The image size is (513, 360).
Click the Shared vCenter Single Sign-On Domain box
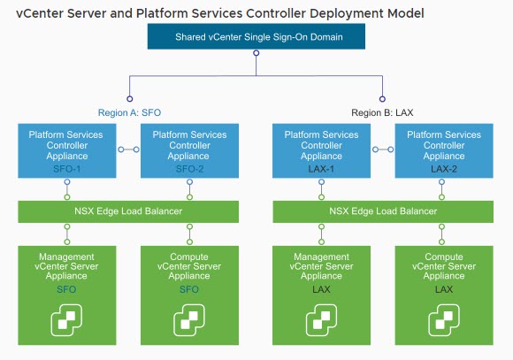[256, 37]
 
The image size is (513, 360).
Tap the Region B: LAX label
[382, 113]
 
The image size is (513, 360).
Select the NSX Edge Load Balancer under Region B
[383, 211]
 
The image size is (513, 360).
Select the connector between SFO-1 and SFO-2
[127, 149]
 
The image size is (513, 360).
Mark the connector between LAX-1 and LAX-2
[383, 149]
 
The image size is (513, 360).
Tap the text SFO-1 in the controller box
[66, 167]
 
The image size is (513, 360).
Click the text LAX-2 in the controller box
[444, 167]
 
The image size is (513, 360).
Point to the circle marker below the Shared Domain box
[256, 54]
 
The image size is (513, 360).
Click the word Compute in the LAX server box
[444, 257]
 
